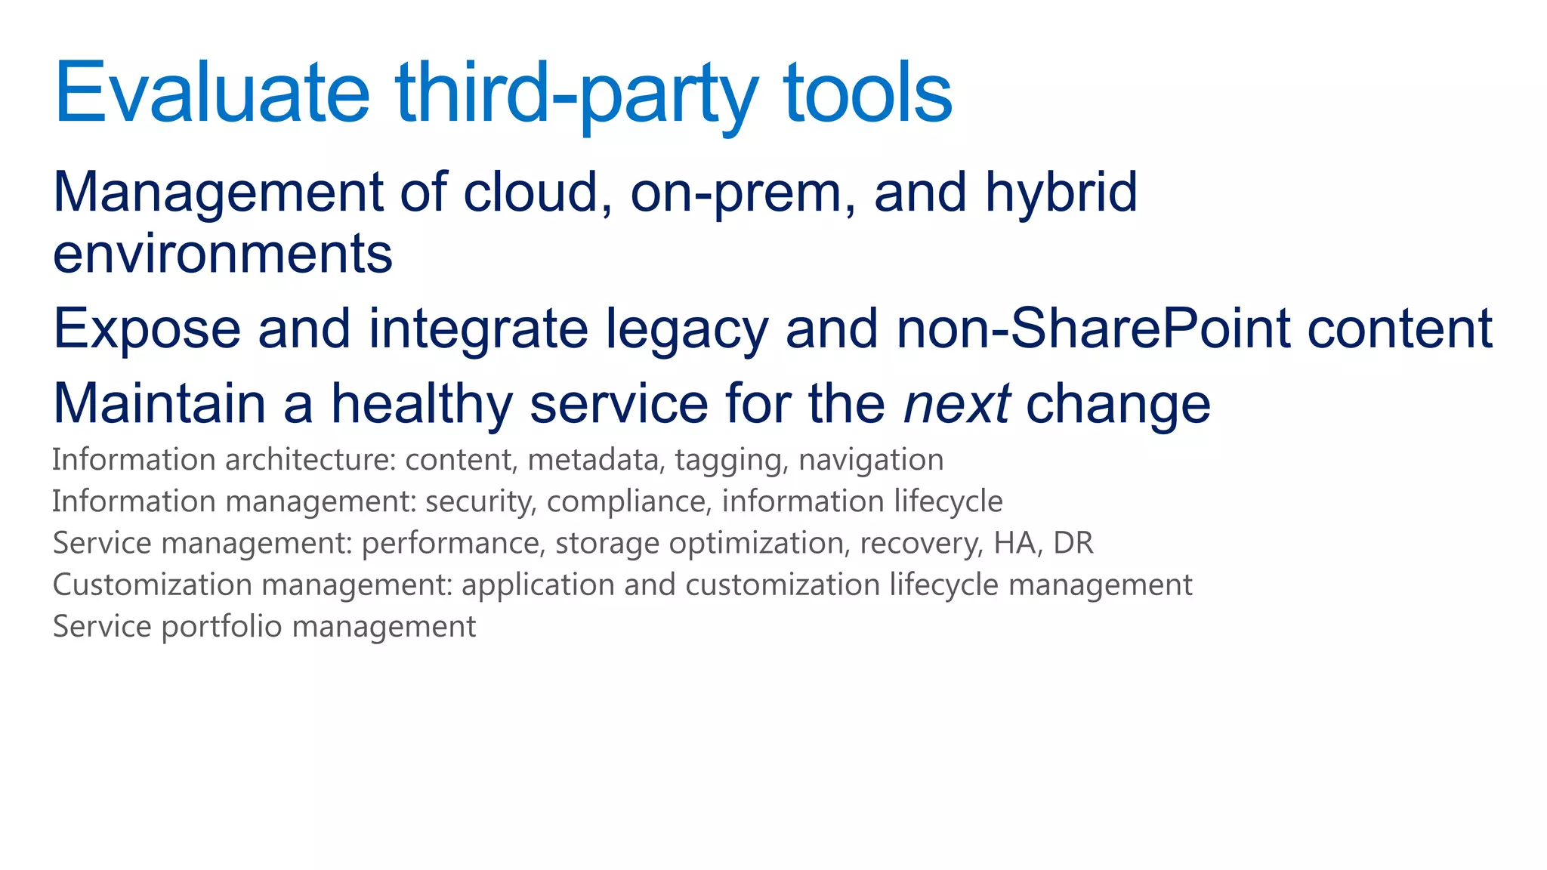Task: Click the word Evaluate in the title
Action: coord(212,94)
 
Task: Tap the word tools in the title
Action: coord(868,94)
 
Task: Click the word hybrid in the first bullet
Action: coord(1061,193)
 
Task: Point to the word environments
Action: coord(223,255)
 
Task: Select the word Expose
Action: coord(147,329)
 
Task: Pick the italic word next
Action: coord(956,404)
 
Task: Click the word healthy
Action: coord(421,404)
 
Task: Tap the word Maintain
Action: coord(159,404)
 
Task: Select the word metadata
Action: coord(592,460)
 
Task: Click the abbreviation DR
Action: coord(1073,543)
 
